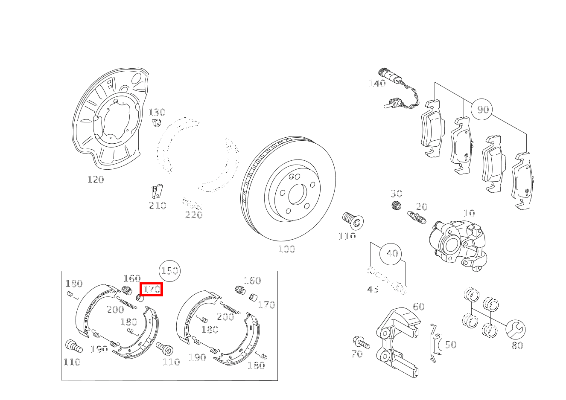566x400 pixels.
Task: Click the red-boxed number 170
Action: [x=152, y=289]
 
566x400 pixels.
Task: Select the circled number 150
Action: [x=169, y=271]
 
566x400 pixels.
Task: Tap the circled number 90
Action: [x=482, y=109]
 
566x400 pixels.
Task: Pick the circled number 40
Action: [x=391, y=254]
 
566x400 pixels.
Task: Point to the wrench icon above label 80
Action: [x=516, y=330]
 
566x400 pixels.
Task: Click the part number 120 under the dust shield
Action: [x=96, y=180]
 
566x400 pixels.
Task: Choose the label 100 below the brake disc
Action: [x=286, y=249]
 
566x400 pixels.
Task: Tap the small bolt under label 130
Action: [x=157, y=123]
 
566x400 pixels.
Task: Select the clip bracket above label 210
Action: [x=157, y=191]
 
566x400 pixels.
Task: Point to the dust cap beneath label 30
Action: [x=396, y=206]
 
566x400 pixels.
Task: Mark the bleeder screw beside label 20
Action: [x=417, y=217]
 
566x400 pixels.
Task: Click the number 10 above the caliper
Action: [x=469, y=213]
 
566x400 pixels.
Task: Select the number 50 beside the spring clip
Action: [x=451, y=345]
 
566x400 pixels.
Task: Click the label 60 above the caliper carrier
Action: [x=419, y=307]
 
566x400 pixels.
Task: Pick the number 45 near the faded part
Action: [x=373, y=289]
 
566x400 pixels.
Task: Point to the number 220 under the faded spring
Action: [x=194, y=215]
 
